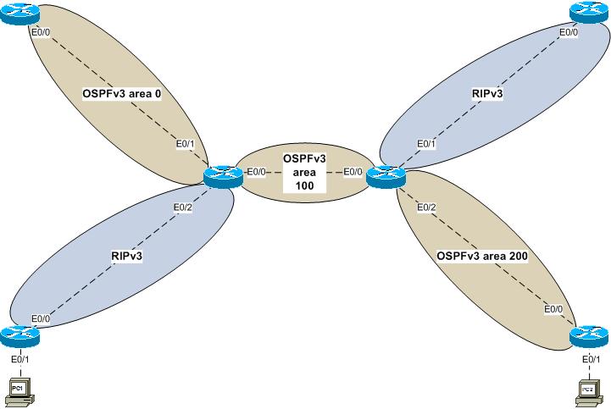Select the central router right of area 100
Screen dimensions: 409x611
(x=386, y=175)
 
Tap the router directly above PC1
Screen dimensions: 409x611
(x=19, y=335)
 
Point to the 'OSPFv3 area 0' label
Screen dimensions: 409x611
(x=122, y=94)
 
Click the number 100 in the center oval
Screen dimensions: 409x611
(x=303, y=185)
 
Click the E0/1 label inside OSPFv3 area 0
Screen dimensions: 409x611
(x=186, y=143)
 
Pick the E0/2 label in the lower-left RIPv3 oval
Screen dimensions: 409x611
(x=183, y=208)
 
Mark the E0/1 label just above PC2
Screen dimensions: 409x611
(x=592, y=360)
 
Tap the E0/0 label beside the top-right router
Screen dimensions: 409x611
(x=569, y=33)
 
